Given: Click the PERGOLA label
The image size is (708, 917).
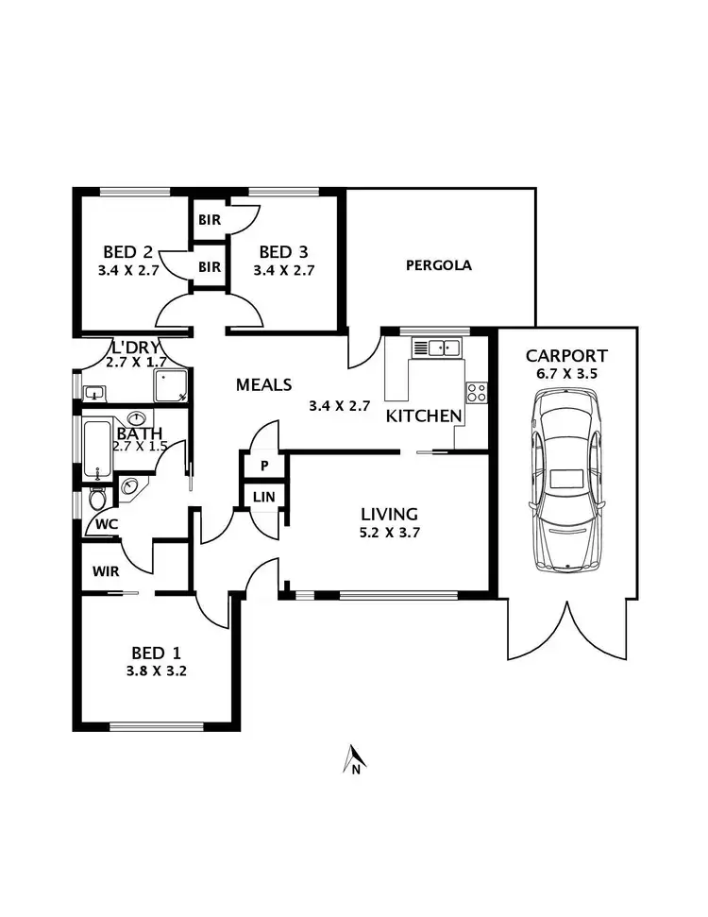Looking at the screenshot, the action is pos(438,265).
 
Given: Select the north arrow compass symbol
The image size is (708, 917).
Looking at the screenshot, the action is pos(354,759).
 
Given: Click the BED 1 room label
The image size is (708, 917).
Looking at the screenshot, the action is pos(157,652).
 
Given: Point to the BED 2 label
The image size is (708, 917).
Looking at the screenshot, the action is pos(127,252).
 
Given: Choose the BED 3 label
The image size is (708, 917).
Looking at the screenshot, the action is pos(283,252).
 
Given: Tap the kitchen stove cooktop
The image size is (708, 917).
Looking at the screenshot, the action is pos(477,391).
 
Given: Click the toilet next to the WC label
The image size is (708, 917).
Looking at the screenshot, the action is pos(96,498).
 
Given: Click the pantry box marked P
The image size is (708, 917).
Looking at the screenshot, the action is pos(264,466).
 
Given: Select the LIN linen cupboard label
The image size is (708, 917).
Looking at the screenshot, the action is pos(264,497).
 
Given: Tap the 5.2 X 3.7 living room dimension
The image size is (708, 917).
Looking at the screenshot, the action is pos(389,534).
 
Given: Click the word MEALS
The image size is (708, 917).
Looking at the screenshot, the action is pos(263,384).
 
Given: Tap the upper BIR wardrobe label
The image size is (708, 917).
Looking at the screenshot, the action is pos(209,220).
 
